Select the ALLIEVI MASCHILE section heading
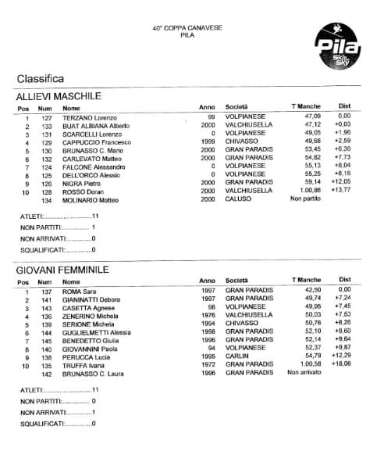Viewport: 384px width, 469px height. pos(59,96)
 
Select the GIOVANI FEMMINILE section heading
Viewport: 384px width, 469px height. pos(62,270)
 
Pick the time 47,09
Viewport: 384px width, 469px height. pos(312,117)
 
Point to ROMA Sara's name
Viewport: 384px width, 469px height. pos(79,291)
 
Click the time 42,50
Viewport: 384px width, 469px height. pos(312,291)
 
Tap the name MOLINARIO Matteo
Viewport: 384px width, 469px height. pos(91,199)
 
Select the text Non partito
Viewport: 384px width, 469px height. pos(306,199)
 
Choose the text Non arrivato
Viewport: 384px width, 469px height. pos(305,373)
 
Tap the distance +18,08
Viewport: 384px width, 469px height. pos(341,365)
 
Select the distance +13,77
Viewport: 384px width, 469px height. pos(341,191)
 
